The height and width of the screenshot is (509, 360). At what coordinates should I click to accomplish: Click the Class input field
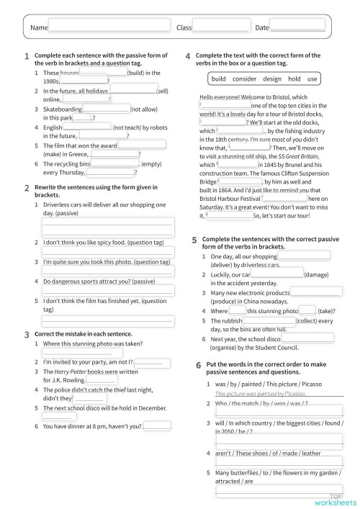pos(220,27)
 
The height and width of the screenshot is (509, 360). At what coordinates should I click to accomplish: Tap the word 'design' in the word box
pos(272,78)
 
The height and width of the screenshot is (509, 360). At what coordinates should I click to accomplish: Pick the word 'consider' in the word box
pos(244,78)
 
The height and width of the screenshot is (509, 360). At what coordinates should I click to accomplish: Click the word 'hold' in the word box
pos(294,78)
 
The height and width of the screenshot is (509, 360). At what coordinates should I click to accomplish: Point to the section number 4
pos(188,56)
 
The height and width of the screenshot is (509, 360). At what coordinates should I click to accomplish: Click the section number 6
pos(198,366)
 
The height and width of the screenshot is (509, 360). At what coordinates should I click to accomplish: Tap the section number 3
pos(27,335)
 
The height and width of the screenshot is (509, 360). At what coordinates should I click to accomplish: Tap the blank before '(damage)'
pos(277,274)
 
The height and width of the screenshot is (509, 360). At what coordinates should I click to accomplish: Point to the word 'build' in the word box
pos(219,78)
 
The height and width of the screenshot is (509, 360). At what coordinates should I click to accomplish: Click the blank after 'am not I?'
pos(153,362)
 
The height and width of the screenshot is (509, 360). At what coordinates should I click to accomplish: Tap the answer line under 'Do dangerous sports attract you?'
pos(108,290)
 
